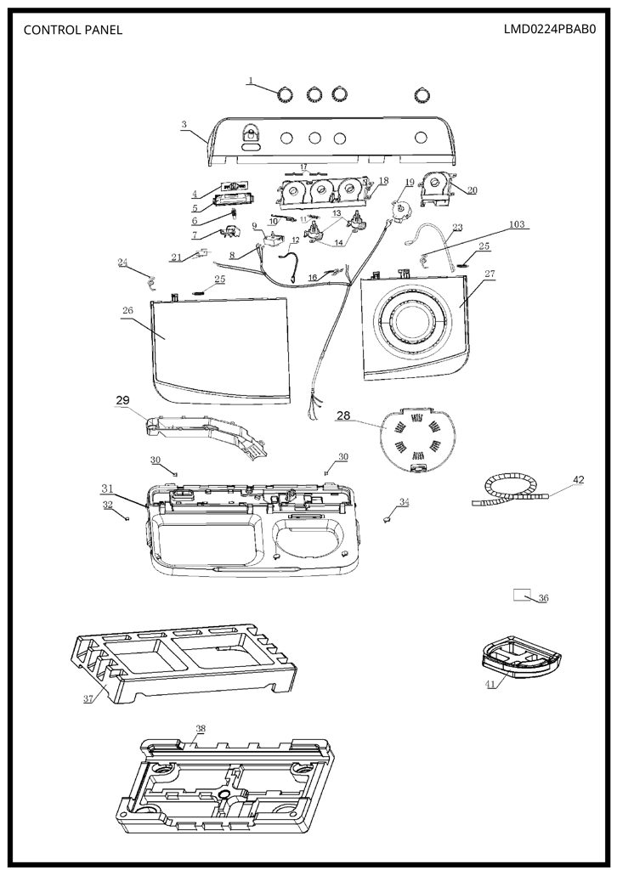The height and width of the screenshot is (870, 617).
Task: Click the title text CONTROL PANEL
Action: (x=73, y=30)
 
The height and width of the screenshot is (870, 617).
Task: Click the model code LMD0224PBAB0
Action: (x=549, y=29)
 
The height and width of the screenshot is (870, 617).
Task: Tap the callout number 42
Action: (x=578, y=480)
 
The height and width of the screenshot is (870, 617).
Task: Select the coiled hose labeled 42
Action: (x=512, y=490)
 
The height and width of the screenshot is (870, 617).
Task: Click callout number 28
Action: (x=343, y=415)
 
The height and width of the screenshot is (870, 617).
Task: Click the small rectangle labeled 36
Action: (x=521, y=595)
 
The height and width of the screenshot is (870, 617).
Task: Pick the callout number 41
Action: (x=490, y=684)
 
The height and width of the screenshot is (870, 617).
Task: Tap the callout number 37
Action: (x=88, y=698)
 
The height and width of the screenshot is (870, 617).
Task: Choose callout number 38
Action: (x=201, y=728)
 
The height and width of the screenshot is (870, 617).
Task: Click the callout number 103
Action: (x=517, y=224)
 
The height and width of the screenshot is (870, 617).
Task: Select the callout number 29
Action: (x=122, y=400)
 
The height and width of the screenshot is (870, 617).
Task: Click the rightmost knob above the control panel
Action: (x=422, y=95)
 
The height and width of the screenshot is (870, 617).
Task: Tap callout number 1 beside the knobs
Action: (x=250, y=81)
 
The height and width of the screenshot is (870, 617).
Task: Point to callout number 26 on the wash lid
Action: (x=127, y=310)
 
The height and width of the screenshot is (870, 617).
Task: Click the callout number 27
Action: (x=490, y=274)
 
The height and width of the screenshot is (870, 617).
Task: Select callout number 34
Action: (x=404, y=502)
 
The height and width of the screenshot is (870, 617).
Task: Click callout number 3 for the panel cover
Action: (x=184, y=125)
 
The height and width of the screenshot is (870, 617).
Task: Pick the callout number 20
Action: (x=472, y=190)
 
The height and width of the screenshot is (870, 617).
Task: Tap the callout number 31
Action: (x=107, y=489)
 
